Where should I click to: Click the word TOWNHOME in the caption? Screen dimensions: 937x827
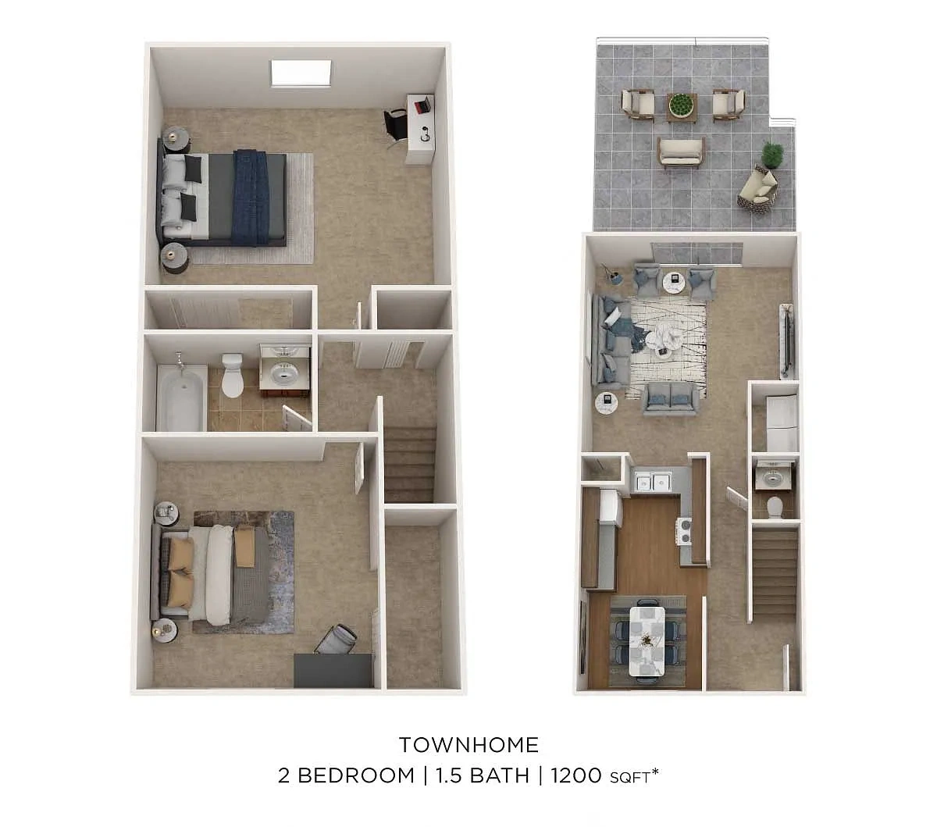pos(468,745)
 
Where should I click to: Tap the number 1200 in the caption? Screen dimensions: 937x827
pos(575,775)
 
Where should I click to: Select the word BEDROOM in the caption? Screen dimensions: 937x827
pos(356,775)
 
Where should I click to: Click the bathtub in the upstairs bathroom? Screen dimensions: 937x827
pos(181,397)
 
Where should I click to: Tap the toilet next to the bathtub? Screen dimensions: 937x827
pos(232,375)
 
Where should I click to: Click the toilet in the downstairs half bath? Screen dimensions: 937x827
pos(775,508)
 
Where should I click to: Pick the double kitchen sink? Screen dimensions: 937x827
pos(654,482)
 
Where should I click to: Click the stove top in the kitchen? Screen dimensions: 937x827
pos(684,532)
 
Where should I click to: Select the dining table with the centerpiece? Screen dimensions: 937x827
pos(647,640)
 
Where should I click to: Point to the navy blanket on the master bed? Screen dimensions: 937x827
pos(251,197)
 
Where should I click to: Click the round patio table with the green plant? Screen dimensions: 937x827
pos(682,107)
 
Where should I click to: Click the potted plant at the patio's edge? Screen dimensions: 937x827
pos(772,155)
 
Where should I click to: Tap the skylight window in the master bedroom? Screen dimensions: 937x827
pos(301,73)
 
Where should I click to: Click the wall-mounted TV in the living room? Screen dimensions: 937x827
pos(787,341)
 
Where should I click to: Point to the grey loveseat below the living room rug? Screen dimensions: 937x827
pos(670,397)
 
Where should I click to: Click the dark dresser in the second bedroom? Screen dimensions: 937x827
pos(333,670)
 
